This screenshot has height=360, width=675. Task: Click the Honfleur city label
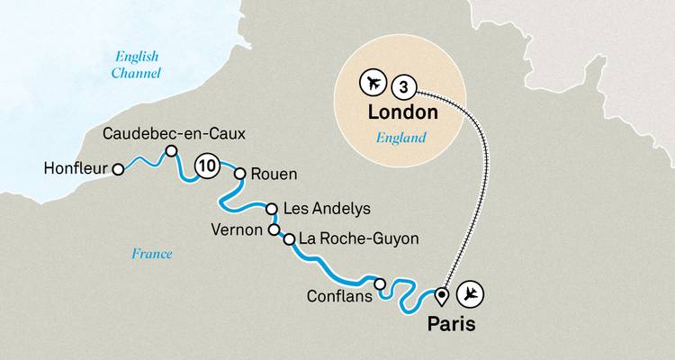[x=75, y=167]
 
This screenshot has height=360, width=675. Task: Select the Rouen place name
[x=274, y=175]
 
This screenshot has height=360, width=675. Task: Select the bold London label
[x=401, y=112]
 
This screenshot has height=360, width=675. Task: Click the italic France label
[x=151, y=254]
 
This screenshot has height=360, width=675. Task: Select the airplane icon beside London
[x=371, y=85]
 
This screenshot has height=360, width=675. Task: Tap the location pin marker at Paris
[x=441, y=295]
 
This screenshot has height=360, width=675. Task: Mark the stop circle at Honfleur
[x=117, y=167]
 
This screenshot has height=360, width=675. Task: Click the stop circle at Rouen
[x=240, y=175]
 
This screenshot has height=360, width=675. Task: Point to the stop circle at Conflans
[x=380, y=284]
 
